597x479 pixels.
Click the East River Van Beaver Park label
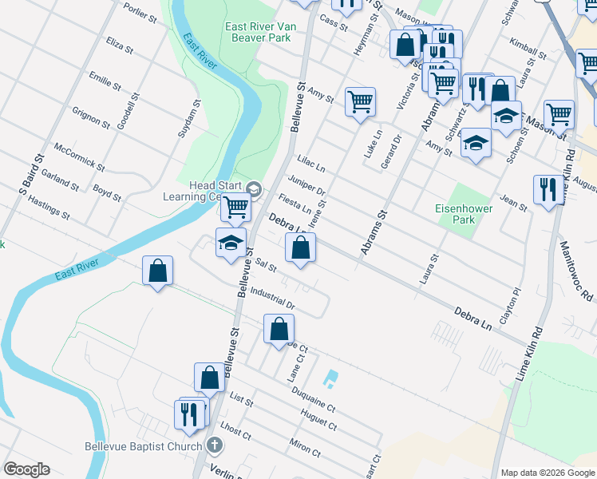[261, 32]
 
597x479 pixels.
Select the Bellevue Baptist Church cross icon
[214, 445]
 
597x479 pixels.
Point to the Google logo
[26, 469]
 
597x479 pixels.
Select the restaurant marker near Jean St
[548, 189]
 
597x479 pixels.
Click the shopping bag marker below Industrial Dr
[279, 328]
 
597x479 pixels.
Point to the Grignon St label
[91, 118]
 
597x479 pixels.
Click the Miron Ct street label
[306, 446]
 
